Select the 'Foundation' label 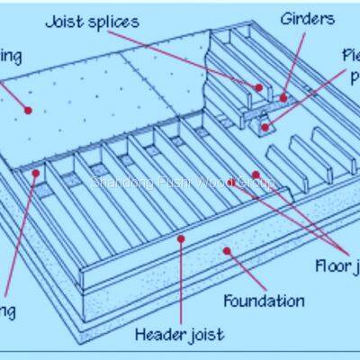point(264,301)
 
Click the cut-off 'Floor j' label point(337,265)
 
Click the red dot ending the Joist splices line point(257,87)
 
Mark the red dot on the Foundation point(227,252)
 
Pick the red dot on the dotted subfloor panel point(29,110)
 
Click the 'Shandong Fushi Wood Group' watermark point(180,182)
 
